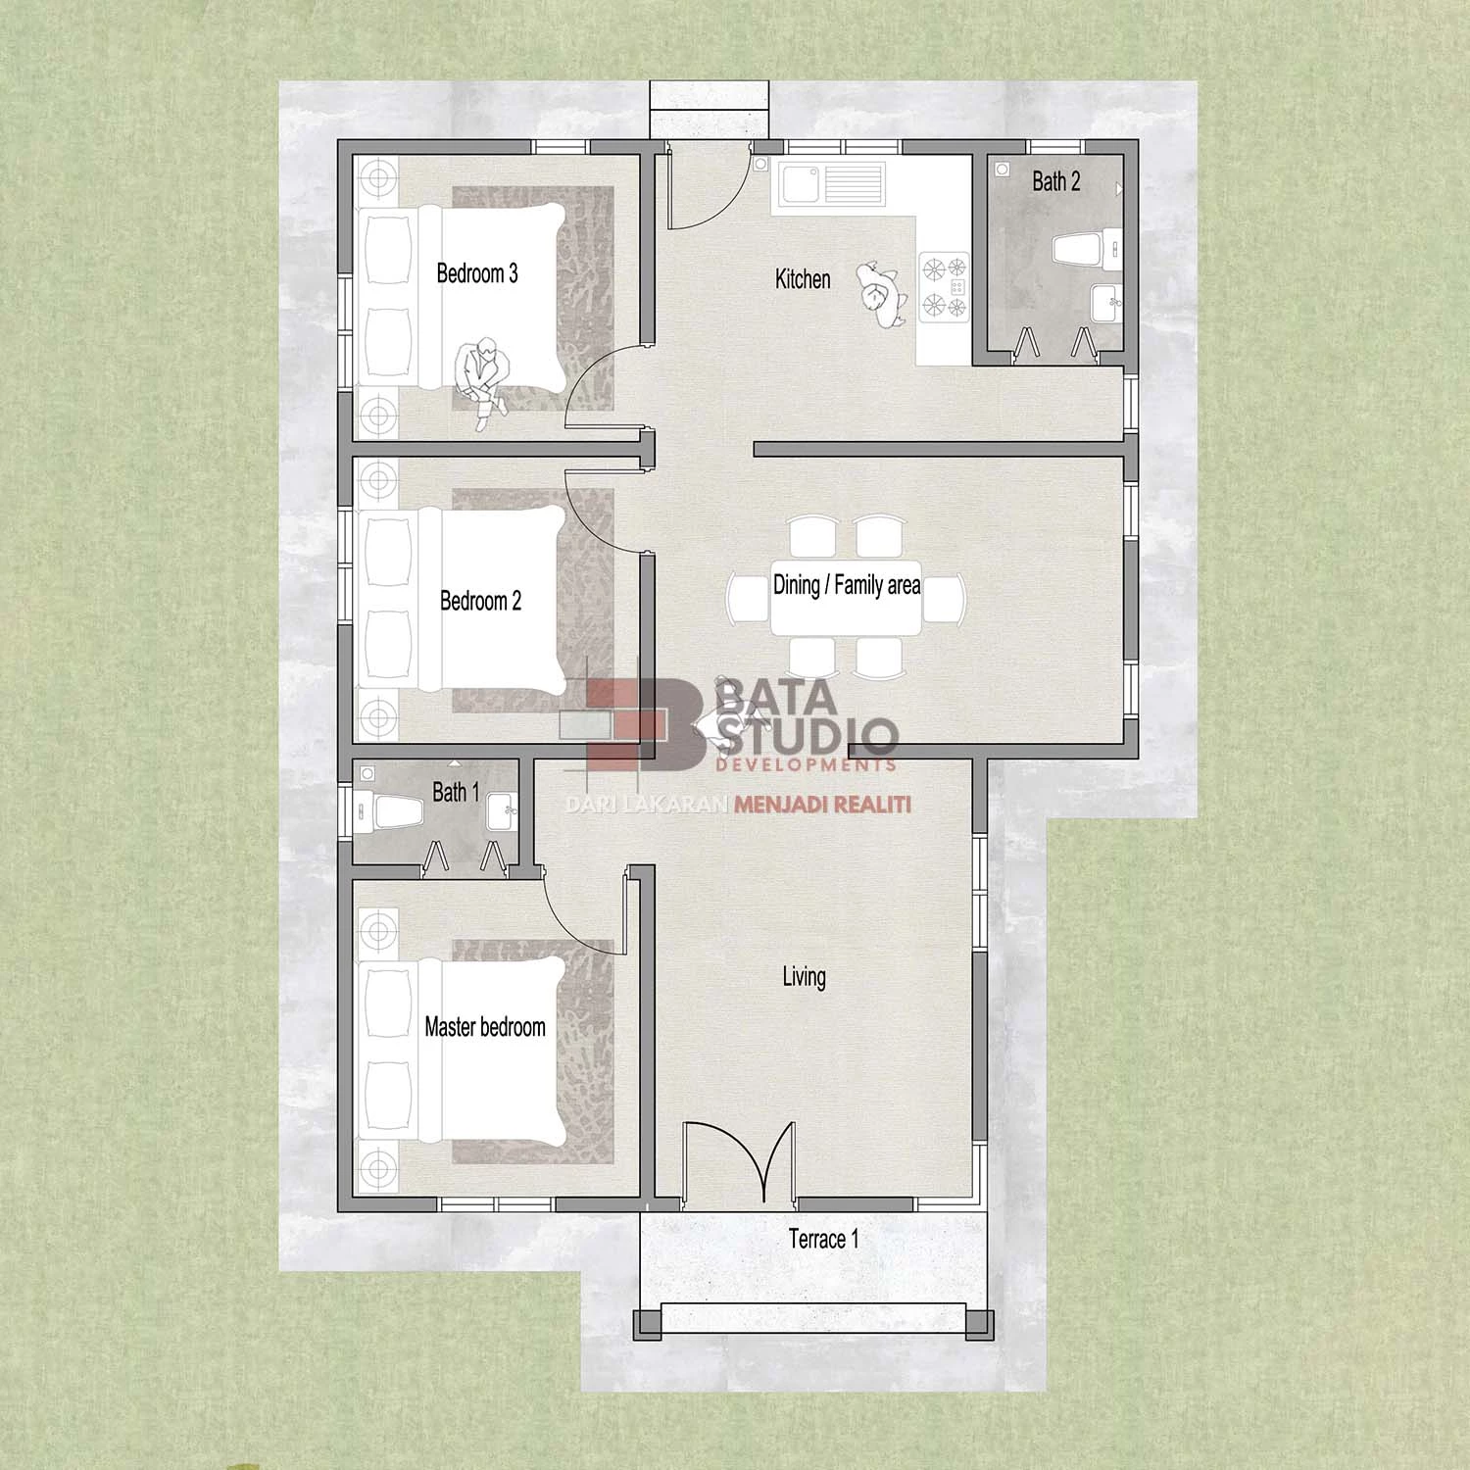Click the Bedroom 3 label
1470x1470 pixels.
477,273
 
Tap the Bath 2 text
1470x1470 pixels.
1055,181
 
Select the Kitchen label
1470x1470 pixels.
803,279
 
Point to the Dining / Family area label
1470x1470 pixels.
847,585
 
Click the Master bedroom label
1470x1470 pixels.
485,1027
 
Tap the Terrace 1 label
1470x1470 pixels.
824,1240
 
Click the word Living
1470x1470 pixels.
804,976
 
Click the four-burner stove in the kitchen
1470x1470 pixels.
944,287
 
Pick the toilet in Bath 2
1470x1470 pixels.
1086,249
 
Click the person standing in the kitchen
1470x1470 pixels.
879,293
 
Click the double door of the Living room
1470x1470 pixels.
739,1160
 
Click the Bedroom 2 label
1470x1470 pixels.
480,601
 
